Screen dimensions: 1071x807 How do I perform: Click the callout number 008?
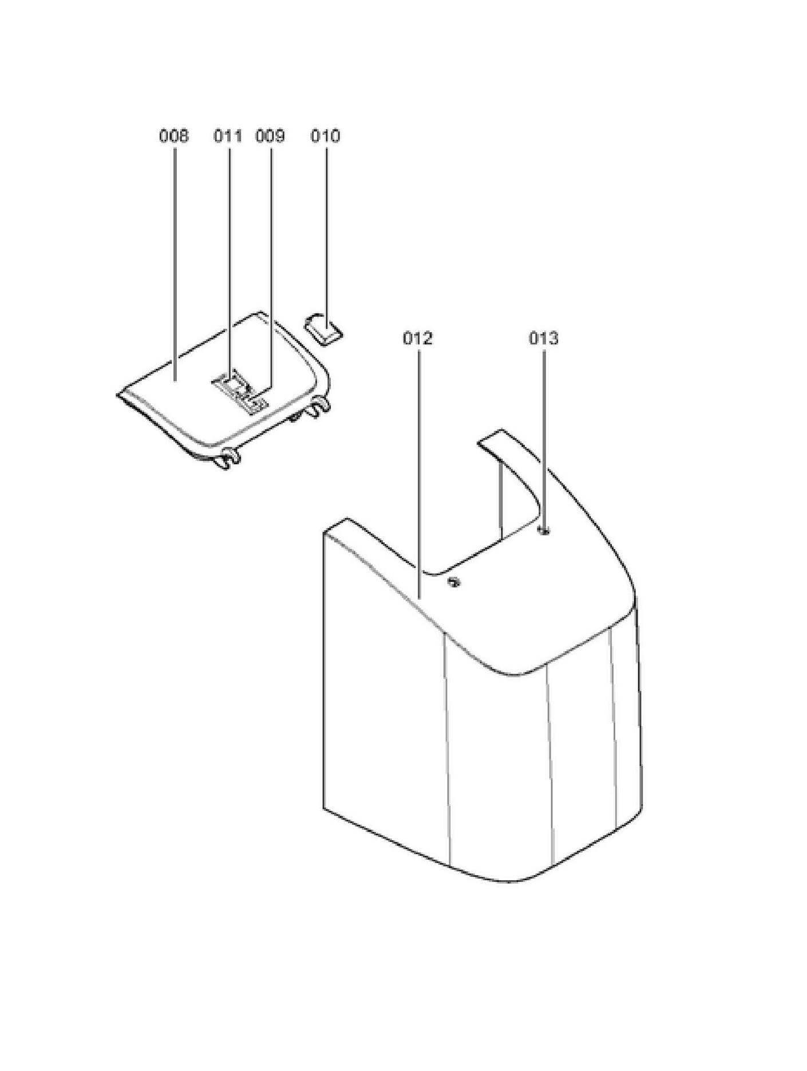pyautogui.click(x=173, y=136)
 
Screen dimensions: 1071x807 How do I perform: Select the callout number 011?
pyautogui.click(x=228, y=136)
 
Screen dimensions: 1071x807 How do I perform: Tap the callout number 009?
pyautogui.click(x=270, y=136)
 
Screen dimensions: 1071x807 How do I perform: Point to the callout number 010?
pyautogui.click(x=325, y=136)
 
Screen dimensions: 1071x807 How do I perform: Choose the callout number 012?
pyautogui.click(x=418, y=338)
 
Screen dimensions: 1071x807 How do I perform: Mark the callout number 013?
pyautogui.click(x=543, y=338)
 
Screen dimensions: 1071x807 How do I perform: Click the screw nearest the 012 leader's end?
pyautogui.click(x=454, y=582)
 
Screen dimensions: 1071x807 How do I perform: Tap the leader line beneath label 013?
pyautogui.click(x=543, y=435)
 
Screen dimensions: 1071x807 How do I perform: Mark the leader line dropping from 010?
pyautogui.click(x=327, y=229)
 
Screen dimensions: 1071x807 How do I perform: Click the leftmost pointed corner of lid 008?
pyautogui.click(x=119, y=395)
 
